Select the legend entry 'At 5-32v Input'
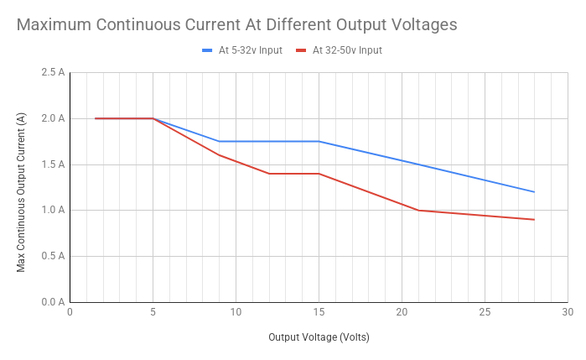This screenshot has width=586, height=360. (x=251, y=49)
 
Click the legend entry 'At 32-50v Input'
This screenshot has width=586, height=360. (x=346, y=49)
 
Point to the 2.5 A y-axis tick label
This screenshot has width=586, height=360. (x=52, y=73)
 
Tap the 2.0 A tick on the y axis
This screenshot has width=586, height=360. (x=52, y=119)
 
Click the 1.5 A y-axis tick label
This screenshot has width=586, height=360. (x=52, y=165)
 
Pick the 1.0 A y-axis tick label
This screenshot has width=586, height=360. (x=52, y=210)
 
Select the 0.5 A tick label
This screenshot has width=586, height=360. (x=52, y=256)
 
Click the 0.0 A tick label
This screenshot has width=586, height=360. (x=52, y=302)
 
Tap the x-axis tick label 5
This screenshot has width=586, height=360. (x=153, y=313)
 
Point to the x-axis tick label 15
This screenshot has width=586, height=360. (x=319, y=313)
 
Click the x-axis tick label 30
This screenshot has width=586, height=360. (x=567, y=313)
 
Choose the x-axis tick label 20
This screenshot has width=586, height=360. (x=402, y=313)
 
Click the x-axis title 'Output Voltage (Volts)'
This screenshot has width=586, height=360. (x=318, y=338)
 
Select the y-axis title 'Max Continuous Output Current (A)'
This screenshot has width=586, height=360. (x=21, y=193)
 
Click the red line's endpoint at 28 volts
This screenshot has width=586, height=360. (x=534, y=219)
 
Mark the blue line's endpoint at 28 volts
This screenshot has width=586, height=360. (x=534, y=192)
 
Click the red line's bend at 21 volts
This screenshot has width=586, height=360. (x=418, y=210)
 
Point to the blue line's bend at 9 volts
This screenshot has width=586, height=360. (x=219, y=141)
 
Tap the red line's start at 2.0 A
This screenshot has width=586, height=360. (x=95, y=118)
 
